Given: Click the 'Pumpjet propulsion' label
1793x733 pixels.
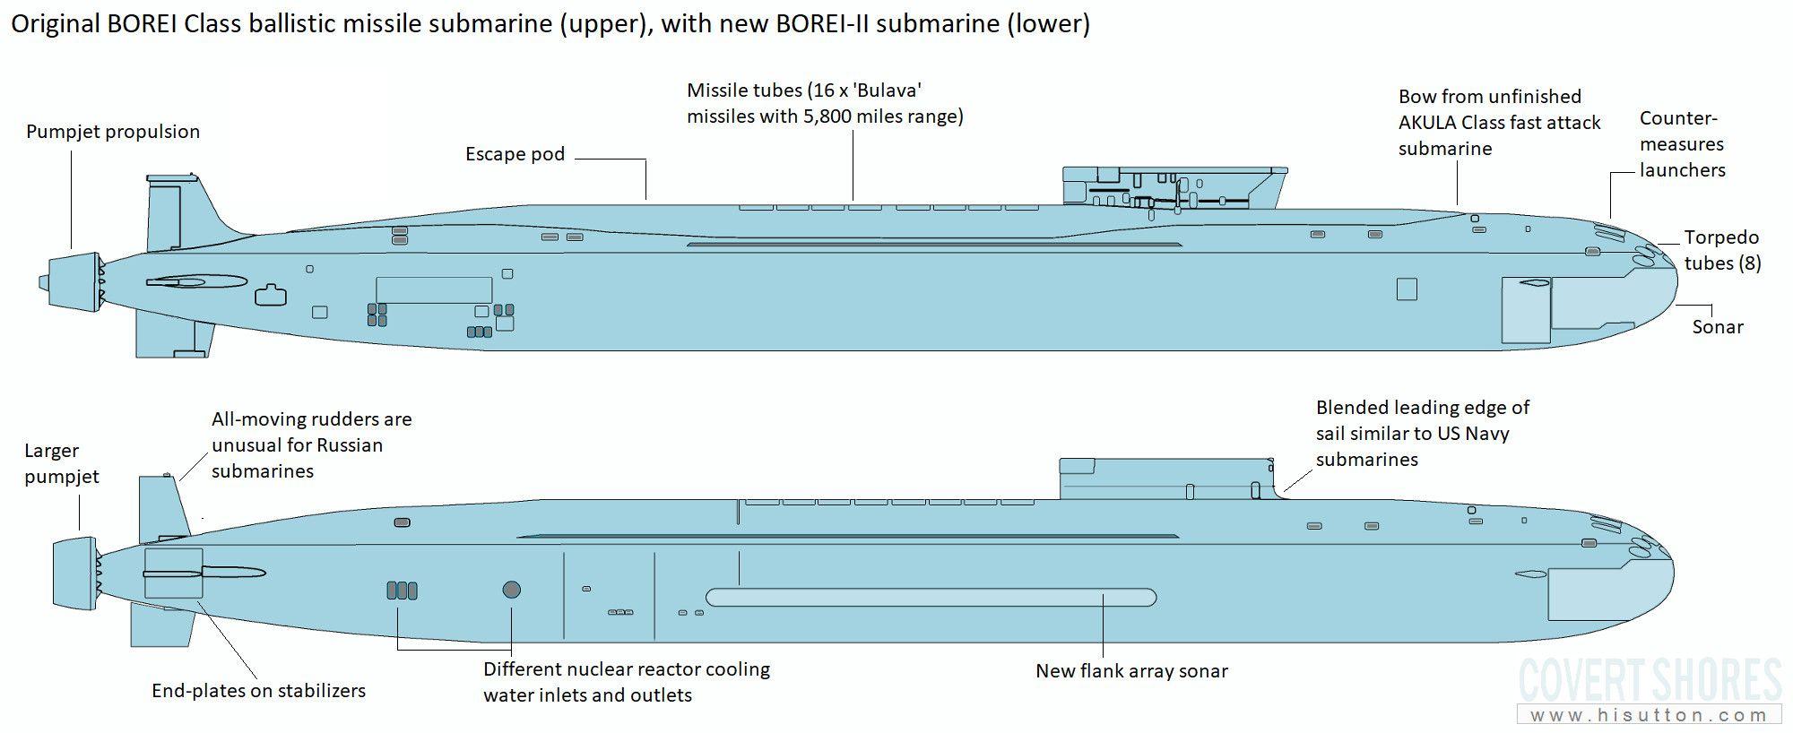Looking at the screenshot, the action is tap(113, 132).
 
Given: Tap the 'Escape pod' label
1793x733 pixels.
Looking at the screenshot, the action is tap(515, 154).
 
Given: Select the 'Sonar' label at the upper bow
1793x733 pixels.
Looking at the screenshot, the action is tap(1718, 327).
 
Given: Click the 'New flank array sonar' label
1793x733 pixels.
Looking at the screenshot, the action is tap(1131, 671).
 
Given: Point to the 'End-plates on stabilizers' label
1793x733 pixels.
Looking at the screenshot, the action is tap(259, 691).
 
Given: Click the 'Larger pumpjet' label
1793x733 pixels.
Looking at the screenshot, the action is tap(62, 463).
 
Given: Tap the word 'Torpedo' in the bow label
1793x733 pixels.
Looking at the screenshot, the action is tap(1721, 237).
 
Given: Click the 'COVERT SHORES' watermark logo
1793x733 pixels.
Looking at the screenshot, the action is tap(1650, 679).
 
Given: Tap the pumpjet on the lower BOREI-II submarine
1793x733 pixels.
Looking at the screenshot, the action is tap(77, 573).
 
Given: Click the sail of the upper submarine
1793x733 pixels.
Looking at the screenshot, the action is tap(1174, 187).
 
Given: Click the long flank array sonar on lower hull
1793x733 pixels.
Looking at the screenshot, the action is tap(931, 598).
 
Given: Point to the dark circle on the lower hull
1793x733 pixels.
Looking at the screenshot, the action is tap(512, 590).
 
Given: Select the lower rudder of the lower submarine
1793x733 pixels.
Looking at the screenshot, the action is tap(161, 624).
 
